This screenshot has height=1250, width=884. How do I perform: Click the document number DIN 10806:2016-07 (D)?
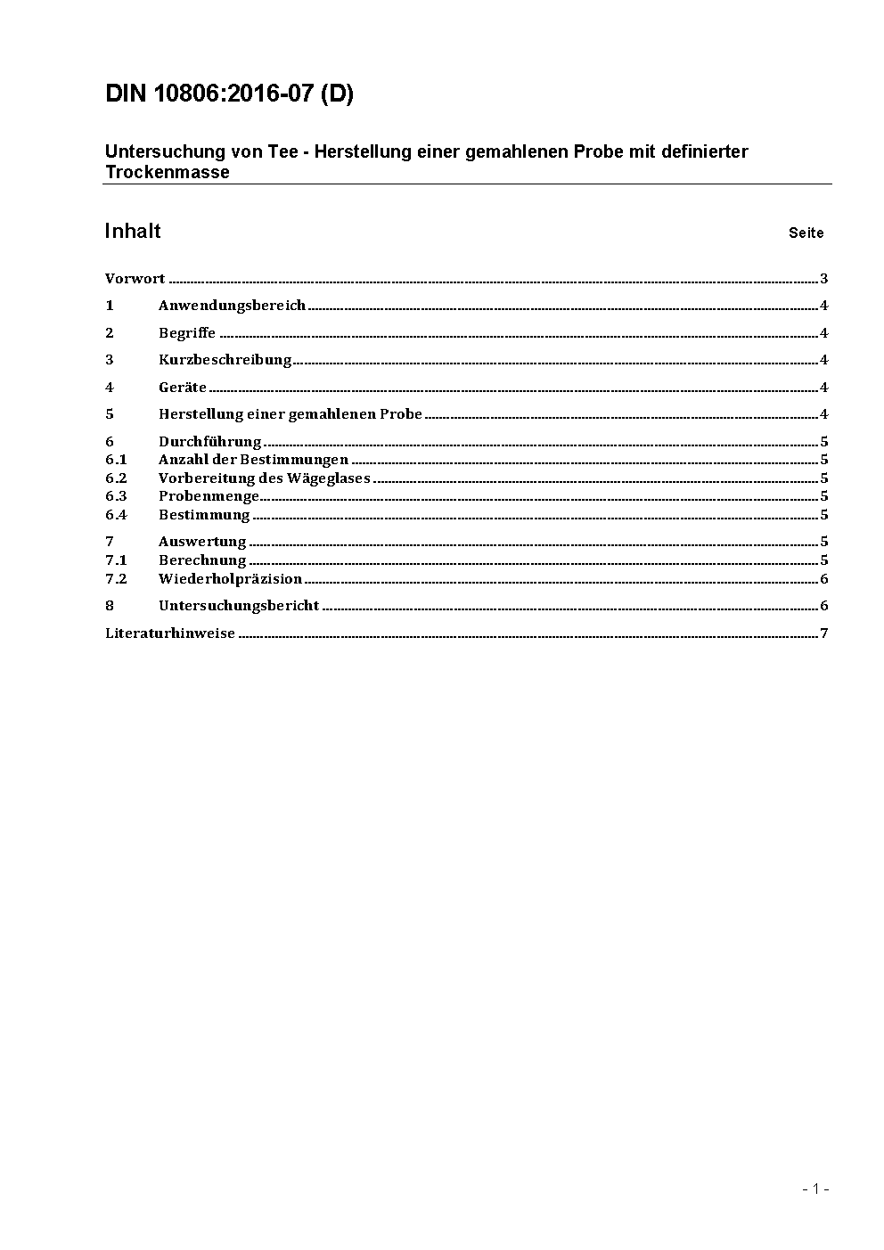(229, 94)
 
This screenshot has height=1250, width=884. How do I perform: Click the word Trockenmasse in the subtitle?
(167, 173)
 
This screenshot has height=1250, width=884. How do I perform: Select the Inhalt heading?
(133, 232)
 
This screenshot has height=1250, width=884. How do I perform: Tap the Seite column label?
(806, 233)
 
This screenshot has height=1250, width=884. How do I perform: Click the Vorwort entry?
(135, 279)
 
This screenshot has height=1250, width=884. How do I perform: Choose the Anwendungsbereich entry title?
(232, 306)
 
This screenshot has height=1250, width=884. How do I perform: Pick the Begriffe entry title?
(187, 333)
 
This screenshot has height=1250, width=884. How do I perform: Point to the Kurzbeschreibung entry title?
(225, 360)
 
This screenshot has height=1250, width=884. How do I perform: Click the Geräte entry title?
(182, 388)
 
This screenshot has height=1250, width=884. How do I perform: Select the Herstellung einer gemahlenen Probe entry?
(290, 414)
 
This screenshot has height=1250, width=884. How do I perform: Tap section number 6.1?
(116, 460)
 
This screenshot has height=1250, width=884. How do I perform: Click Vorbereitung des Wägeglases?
(264, 478)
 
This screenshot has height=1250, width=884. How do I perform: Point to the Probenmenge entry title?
(209, 496)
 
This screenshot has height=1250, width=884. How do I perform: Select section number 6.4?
(116, 515)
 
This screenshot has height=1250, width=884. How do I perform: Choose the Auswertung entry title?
(202, 542)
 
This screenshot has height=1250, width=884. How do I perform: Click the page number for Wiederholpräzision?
(824, 579)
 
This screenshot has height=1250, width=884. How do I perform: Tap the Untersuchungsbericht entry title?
(238, 606)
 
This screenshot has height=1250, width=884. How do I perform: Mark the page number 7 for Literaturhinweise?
(824, 633)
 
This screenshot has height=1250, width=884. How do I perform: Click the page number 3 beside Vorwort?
(824, 279)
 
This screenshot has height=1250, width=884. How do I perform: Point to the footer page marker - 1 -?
(815, 1189)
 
